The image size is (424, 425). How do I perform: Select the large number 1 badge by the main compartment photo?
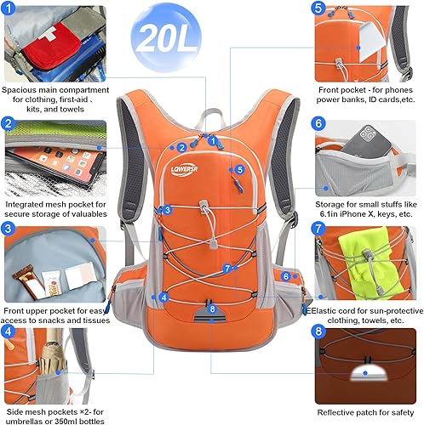9,9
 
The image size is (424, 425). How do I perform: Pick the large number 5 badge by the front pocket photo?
319,9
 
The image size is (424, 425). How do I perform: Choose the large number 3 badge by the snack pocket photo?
9,229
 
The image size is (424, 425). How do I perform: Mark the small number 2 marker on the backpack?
181,146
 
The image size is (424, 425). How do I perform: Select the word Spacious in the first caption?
24,88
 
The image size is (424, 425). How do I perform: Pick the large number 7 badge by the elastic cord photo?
319,229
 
